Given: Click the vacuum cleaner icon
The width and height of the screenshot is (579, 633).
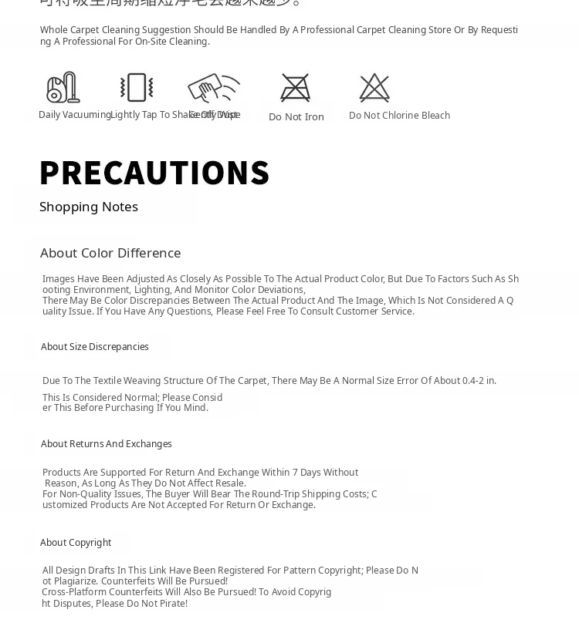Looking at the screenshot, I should click(x=63, y=88).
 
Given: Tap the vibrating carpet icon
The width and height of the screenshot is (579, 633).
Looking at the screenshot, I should click(x=137, y=88).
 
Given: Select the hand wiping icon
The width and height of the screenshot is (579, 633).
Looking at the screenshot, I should click(x=213, y=88).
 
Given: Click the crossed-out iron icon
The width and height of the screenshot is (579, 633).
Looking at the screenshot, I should click(x=296, y=88).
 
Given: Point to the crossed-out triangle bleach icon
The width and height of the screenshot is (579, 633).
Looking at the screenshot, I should click(x=374, y=88).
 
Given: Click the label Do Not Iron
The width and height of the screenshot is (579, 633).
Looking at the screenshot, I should click(x=296, y=117).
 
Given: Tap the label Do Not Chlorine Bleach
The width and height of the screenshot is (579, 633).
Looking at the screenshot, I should click(x=399, y=116).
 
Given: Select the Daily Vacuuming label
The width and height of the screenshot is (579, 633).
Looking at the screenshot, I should click(x=75, y=115).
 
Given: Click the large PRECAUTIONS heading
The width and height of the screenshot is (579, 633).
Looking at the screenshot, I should click(x=154, y=173).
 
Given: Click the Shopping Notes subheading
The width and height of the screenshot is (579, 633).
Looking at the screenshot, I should click(x=89, y=207).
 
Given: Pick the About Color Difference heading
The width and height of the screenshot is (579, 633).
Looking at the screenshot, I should click(x=110, y=253).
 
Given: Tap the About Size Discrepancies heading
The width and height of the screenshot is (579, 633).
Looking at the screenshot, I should click(x=95, y=347).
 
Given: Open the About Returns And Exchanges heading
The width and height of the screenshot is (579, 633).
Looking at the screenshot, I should click(x=107, y=444).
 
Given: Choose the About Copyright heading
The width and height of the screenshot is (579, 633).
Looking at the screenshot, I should click(x=76, y=543).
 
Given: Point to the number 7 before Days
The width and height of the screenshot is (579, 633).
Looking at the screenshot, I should click(x=296, y=473).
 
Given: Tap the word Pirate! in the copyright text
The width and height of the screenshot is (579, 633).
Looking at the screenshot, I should click(x=172, y=604).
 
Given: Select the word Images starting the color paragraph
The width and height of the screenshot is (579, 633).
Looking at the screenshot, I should click(x=58, y=279).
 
